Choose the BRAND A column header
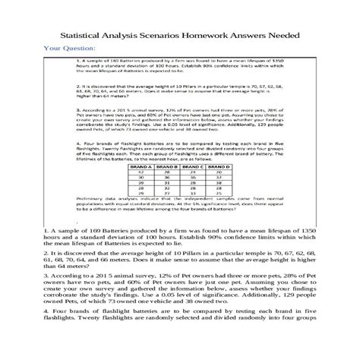coord(139,163)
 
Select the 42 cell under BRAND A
coord(139,169)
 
